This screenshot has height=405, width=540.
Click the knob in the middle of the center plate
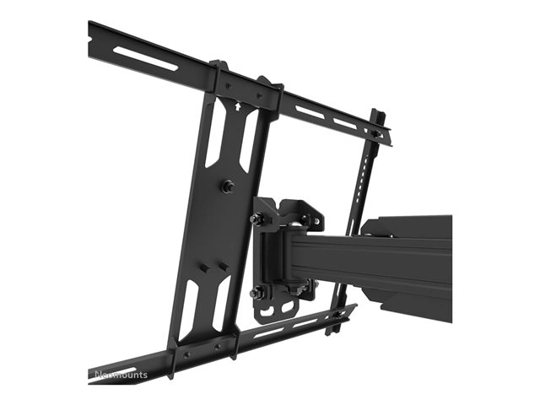pyautogui.click(x=229, y=185)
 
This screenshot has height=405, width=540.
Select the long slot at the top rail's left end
pyautogui.click(x=145, y=58)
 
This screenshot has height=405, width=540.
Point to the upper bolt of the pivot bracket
pyautogui.click(x=257, y=219)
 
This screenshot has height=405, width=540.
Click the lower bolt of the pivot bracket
pyautogui.click(x=256, y=293)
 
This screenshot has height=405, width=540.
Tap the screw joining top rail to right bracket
pyautogui.click(x=375, y=133)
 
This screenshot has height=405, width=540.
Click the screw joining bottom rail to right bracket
pyautogui.click(x=340, y=316)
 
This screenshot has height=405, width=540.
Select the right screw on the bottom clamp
pyautogui.click(x=217, y=345)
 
